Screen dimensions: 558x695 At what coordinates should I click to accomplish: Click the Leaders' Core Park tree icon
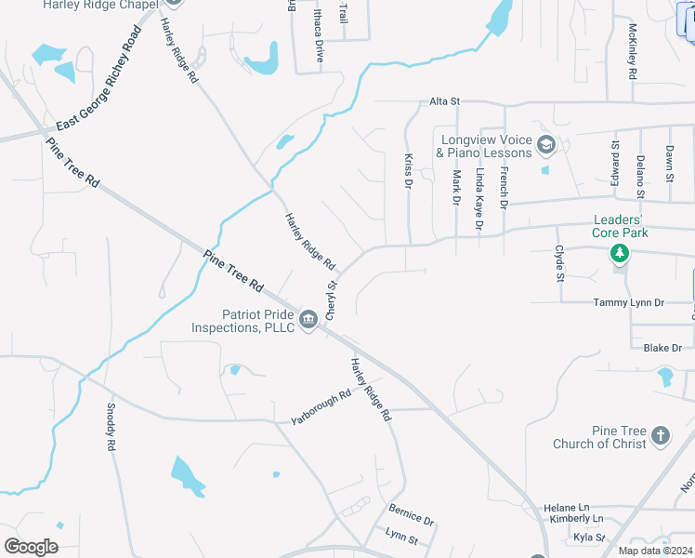tap(619, 254)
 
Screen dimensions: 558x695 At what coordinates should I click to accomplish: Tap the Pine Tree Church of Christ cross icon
tap(660, 434)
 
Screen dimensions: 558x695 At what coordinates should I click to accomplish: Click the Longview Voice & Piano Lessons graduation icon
tap(546, 145)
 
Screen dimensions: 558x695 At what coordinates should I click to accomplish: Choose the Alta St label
tap(444, 101)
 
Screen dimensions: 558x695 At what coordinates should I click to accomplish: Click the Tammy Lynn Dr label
tap(629, 303)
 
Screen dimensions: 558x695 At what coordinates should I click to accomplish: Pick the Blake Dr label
tap(662, 348)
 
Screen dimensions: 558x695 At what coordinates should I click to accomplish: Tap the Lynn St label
tap(401, 537)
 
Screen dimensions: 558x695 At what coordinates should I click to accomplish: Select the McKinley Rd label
tap(632, 50)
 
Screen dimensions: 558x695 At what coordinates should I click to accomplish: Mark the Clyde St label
tap(559, 263)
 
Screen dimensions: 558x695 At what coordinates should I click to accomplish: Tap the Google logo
tap(32, 547)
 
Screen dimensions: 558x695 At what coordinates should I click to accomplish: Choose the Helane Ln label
tap(567, 508)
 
